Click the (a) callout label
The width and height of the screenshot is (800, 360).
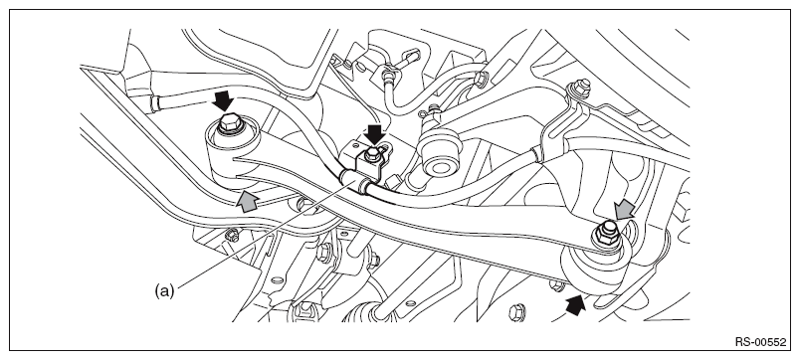pos(164,291)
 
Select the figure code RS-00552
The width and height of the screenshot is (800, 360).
pos(761,342)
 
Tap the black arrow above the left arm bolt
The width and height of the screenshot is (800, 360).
pos(223,101)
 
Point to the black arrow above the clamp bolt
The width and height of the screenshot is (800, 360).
pos(375,134)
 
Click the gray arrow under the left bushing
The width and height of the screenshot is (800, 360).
pos(248,201)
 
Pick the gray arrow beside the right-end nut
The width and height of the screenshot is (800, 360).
pos(624,210)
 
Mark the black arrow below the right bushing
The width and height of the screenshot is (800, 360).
pos(575,305)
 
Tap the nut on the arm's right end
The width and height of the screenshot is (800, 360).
pos(607,232)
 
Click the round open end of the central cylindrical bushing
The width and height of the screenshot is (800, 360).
pos(436,166)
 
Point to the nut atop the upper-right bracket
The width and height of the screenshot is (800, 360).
pos(580,88)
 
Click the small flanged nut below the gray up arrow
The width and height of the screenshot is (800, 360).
pos(232,236)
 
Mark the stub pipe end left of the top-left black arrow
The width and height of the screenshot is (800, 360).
pos(155,104)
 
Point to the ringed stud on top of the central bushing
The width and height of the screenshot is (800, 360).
pos(434,110)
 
